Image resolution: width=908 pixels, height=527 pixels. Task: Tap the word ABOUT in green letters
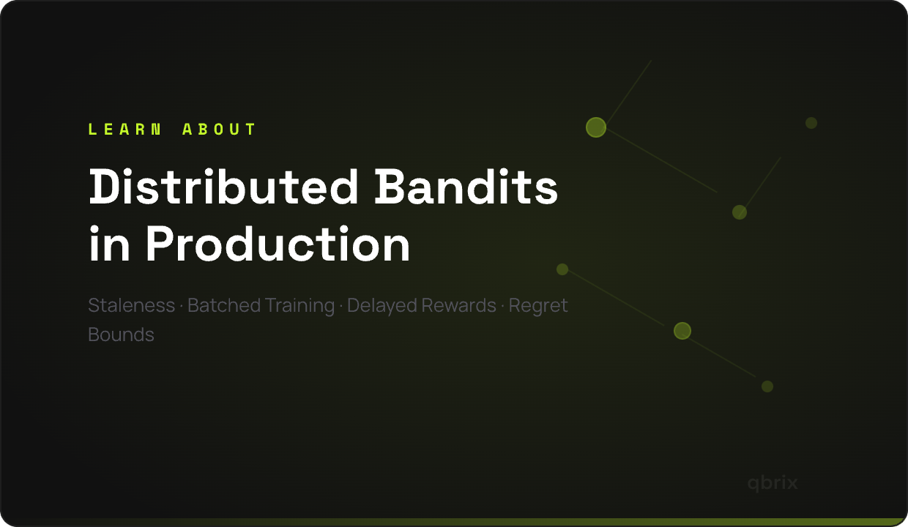[x=219, y=130]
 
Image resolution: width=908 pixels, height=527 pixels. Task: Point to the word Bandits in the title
[x=466, y=187]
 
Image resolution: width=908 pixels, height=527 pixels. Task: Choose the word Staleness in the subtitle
[x=131, y=305]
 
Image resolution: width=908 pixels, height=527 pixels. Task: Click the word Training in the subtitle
[x=300, y=305]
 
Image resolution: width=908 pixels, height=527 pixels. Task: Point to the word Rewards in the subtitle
[x=458, y=305]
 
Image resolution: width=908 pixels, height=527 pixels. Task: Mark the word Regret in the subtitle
[x=538, y=305]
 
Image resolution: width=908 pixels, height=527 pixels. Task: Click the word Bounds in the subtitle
[x=121, y=334]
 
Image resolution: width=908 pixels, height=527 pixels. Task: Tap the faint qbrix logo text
[x=773, y=483]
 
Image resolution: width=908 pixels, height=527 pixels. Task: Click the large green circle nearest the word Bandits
[x=596, y=127]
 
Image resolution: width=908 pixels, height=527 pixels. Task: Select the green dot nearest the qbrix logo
[x=767, y=386]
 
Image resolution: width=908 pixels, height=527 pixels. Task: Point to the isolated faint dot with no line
[x=811, y=123]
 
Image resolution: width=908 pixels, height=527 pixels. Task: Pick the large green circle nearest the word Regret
[x=682, y=331]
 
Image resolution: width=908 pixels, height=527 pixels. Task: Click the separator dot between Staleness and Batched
[x=182, y=306]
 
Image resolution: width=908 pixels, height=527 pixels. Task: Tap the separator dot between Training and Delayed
[x=341, y=306]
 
